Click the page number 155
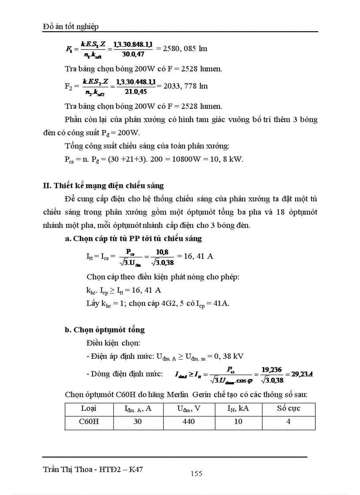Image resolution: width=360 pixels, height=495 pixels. point(196,473)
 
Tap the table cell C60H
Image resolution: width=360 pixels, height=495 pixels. point(89,422)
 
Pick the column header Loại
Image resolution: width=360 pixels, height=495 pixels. point(89,409)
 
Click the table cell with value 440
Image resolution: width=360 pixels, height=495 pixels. point(188,422)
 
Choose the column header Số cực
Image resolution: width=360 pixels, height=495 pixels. point(289,409)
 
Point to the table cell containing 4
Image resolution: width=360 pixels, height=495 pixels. point(289,422)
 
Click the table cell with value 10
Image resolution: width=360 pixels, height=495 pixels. point(238,422)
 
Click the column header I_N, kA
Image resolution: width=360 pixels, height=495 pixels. point(238,409)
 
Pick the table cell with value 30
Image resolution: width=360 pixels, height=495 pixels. point(138,422)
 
